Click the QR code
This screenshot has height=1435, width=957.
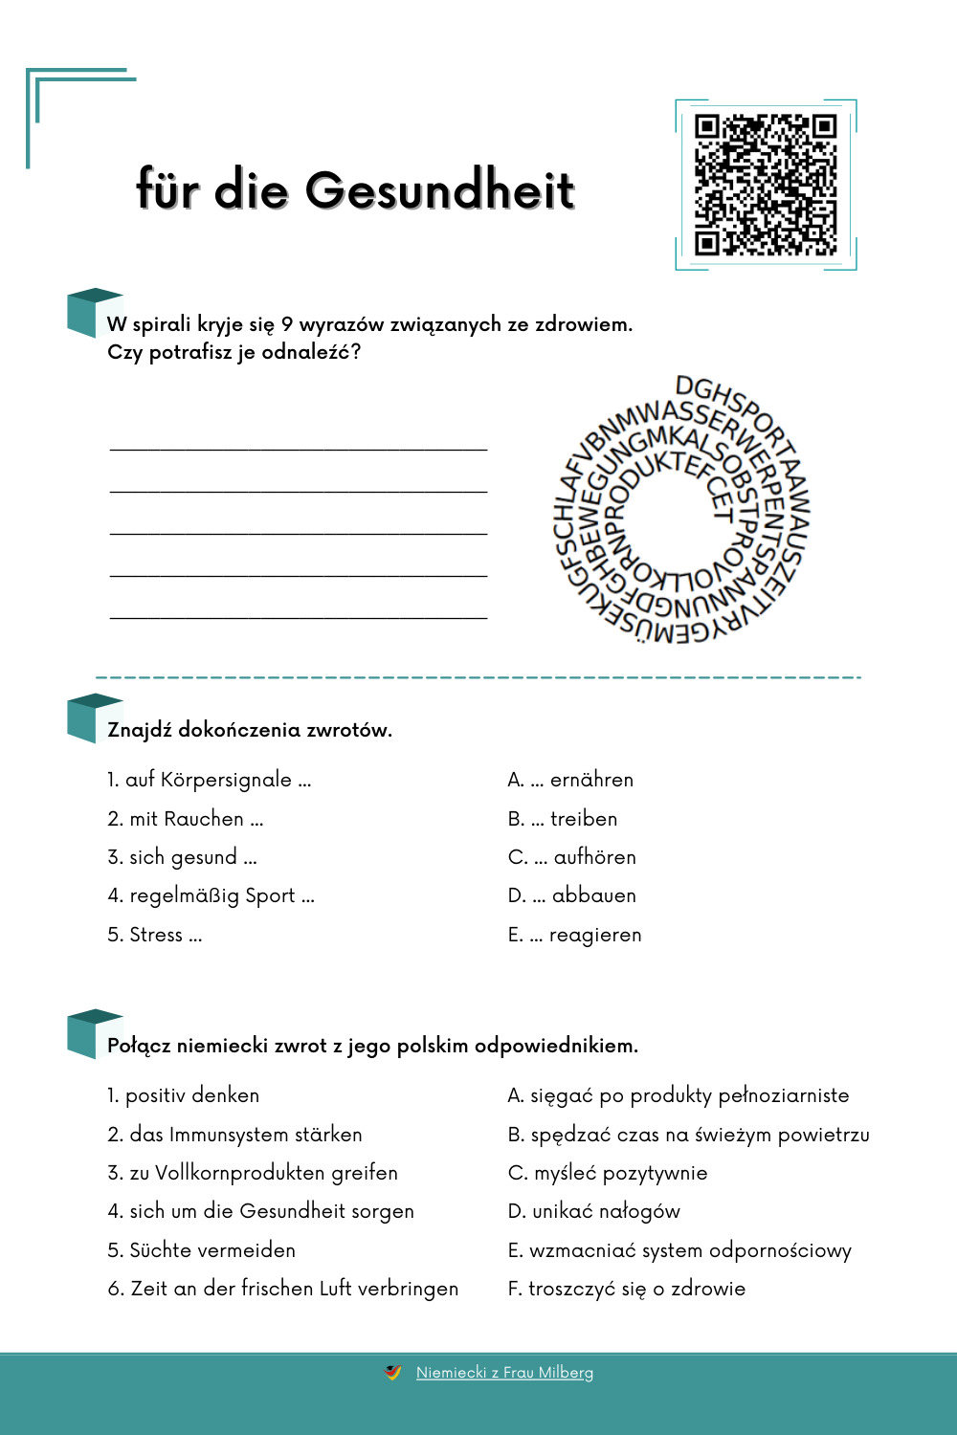click(766, 186)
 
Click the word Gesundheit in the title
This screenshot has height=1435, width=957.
click(440, 189)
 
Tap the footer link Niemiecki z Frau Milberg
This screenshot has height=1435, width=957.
click(504, 1373)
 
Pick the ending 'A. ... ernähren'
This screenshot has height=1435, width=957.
click(570, 780)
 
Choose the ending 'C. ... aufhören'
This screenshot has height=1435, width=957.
click(571, 857)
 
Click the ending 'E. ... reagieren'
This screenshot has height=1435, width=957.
click(574, 935)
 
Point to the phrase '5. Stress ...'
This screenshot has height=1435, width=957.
click(155, 935)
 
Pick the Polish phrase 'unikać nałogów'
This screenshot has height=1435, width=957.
click(593, 1211)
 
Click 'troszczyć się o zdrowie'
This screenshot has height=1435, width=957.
click(627, 1289)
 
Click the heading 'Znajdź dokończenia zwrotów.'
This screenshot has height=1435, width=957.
click(250, 730)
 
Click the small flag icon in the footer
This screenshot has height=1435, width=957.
click(392, 1372)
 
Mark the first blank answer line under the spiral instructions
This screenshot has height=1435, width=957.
click(299, 447)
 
